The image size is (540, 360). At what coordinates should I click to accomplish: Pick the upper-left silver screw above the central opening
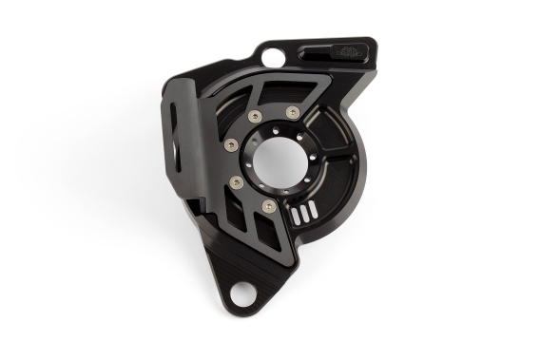tap(255, 116)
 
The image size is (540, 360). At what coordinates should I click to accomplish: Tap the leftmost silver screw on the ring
tap(231, 145)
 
